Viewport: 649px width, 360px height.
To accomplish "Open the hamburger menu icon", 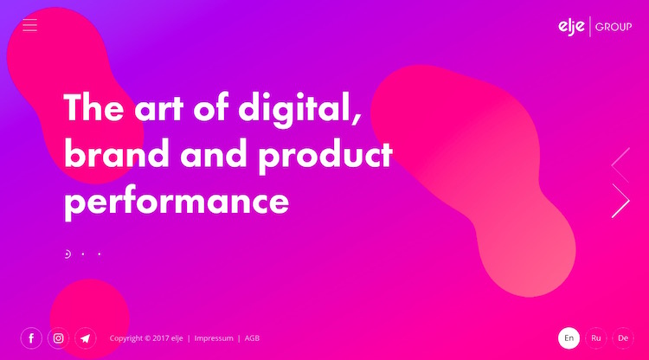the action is coord(29,25).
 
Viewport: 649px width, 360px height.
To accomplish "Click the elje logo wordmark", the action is coord(571,27).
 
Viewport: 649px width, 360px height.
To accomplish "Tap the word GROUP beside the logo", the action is coord(614,27).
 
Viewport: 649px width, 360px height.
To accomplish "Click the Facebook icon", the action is coord(31,338).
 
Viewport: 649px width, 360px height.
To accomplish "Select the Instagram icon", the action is coord(58,338).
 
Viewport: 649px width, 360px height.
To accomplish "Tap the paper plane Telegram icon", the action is coord(86,338).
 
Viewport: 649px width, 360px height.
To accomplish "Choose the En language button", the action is coord(569,338).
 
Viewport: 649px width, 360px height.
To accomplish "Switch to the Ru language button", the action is coord(596,338).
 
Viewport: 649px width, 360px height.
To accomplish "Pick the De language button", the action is coord(623,338).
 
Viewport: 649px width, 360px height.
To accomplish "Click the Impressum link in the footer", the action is coord(214,338).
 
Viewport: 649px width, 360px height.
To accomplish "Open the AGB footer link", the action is coord(252,338).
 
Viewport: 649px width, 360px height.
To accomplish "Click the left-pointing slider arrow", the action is coord(620,164).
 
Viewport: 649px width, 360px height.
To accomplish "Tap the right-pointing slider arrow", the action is coord(620,201).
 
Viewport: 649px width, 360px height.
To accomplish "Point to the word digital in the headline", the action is coord(299,107).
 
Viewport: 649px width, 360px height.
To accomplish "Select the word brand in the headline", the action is coord(117,153).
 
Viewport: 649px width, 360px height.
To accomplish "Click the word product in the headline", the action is coord(325,156).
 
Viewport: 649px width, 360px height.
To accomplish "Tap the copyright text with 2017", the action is coord(146,338).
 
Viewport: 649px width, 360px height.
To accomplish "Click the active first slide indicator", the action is coord(67,254).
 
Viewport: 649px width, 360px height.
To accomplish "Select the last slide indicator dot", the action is coord(100,254).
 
